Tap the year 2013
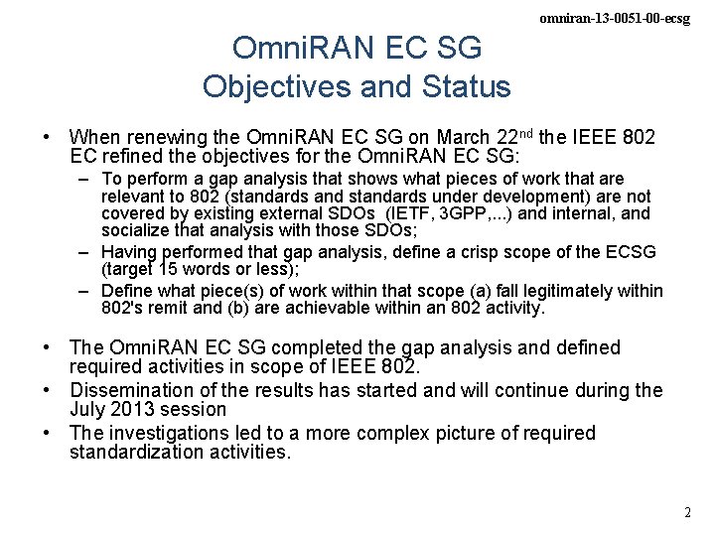point(135,409)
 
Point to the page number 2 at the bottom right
point(687,513)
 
